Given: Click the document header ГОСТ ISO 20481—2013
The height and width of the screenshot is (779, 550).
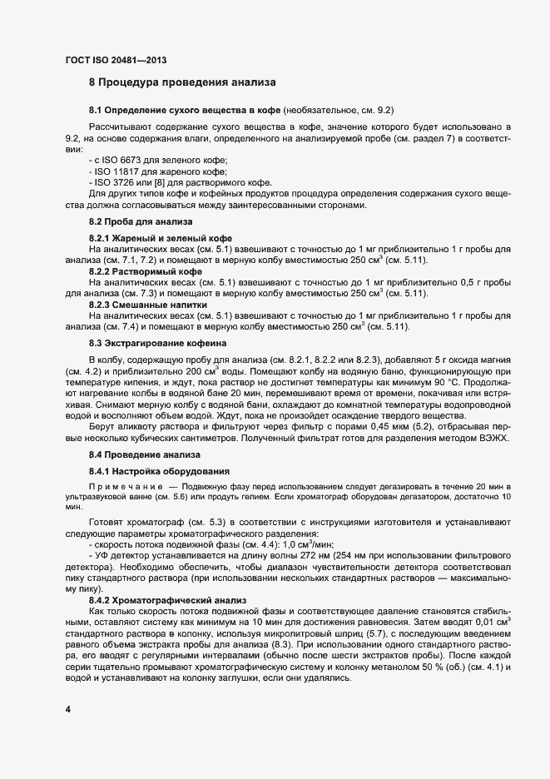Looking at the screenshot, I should coord(121,61).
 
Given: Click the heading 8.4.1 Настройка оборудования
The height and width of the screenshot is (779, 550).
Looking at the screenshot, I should coord(148,471).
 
